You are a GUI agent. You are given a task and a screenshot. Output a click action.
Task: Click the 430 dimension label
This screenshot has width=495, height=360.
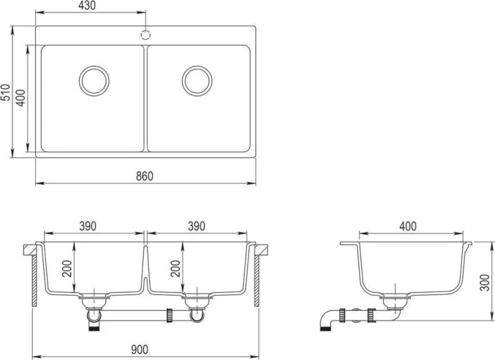tap(87, 6)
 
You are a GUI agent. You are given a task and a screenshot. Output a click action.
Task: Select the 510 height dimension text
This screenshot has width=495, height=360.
tap(6, 92)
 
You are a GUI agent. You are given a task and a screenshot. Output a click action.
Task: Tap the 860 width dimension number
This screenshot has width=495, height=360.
tap(145, 176)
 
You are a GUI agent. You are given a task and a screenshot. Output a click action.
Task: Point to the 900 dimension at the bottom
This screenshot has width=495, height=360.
tap(139, 349)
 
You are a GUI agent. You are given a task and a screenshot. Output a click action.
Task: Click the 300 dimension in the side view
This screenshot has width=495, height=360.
tap(485, 283)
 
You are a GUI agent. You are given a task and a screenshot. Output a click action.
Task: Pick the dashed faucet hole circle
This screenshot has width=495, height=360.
tap(145, 35)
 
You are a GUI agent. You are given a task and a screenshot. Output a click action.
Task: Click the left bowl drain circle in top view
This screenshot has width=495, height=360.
tap(94, 81)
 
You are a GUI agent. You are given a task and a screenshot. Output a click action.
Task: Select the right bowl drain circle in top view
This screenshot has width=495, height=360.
tap(197, 81)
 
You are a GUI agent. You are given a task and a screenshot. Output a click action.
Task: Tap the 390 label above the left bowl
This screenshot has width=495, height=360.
tap(87, 226)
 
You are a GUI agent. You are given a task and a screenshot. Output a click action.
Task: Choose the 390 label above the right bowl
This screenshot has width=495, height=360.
tap(196, 226)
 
